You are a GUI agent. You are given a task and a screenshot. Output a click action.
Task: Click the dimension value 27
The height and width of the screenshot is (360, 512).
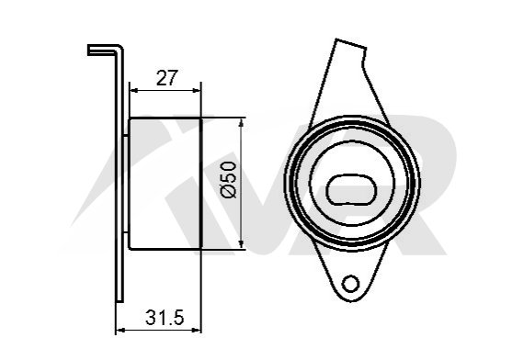[166, 78]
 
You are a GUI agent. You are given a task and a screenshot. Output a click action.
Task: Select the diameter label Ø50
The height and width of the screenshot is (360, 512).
[229, 179]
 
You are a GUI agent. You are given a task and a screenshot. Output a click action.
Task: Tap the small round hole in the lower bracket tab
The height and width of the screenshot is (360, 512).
[351, 283]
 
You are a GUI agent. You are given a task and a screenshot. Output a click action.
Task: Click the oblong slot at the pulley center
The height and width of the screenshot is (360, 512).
[352, 190]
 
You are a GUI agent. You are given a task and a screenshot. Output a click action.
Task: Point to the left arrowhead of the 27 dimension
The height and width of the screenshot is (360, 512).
[133, 90]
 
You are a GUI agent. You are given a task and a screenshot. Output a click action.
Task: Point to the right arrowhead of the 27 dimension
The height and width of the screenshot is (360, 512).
[197, 90]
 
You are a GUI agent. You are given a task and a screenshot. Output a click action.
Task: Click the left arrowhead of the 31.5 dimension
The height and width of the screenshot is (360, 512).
[120, 331]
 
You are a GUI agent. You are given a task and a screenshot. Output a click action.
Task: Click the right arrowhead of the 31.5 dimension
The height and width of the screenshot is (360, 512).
[197, 331]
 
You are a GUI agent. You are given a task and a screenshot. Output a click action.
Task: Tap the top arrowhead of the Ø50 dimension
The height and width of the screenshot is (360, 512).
[241, 122]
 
